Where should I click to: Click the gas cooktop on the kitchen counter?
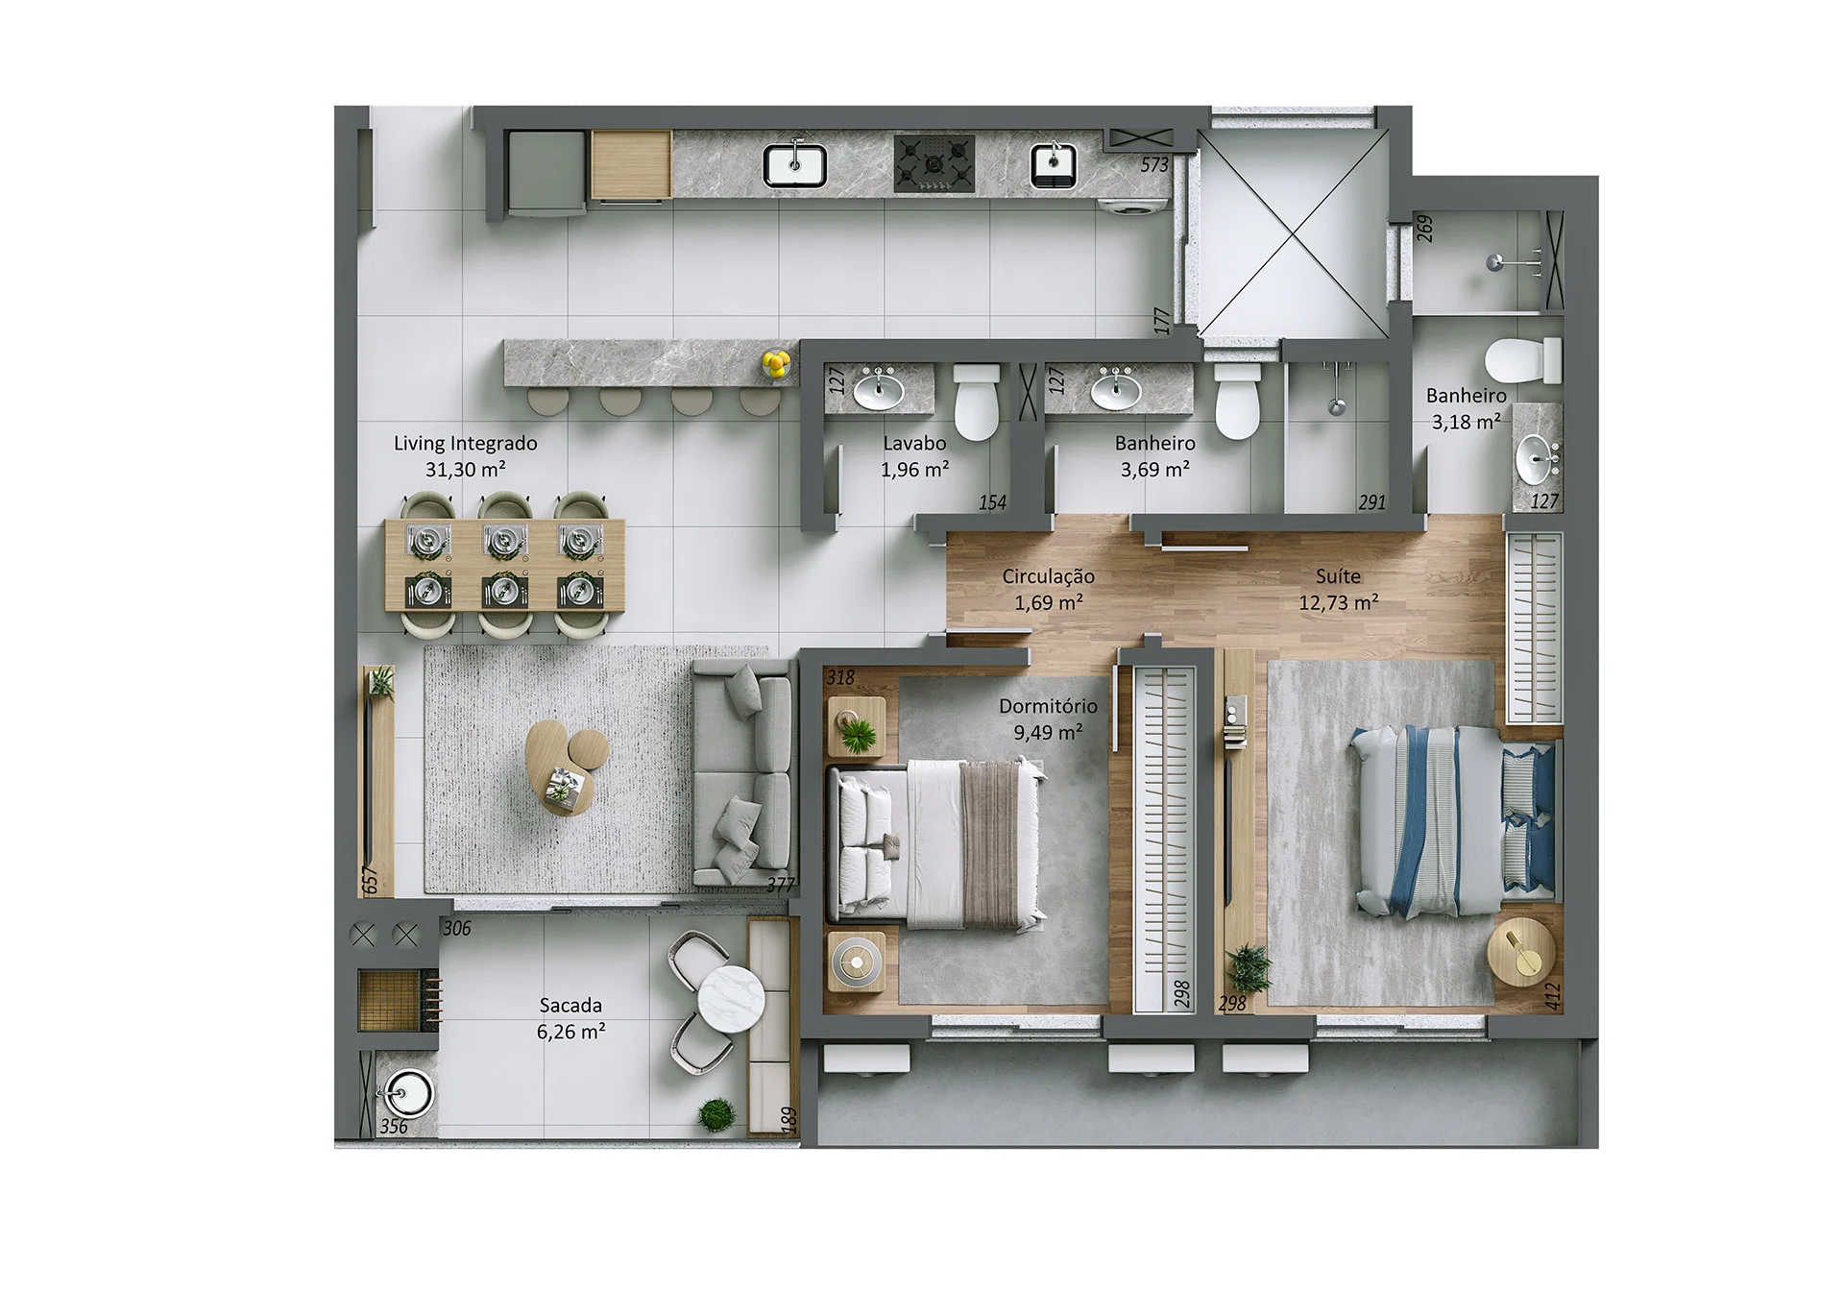tap(934, 162)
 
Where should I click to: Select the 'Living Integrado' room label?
tap(465, 444)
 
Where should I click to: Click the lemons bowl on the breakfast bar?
tap(776, 363)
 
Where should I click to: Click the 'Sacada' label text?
tap(570, 1006)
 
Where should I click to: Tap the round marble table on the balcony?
tap(731, 998)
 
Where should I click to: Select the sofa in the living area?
tap(742, 771)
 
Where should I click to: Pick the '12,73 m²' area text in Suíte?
tap(1338, 603)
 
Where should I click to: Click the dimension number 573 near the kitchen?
tap(1154, 165)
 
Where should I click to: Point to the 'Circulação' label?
tap(1048, 576)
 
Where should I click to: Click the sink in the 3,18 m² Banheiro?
tap(1537, 457)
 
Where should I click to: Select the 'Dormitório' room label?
tap(1048, 706)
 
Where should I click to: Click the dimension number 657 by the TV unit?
tap(371, 879)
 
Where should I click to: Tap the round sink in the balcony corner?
tap(407, 1093)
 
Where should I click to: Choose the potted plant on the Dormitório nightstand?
tap(857, 735)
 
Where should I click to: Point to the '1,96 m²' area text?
tap(914, 470)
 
